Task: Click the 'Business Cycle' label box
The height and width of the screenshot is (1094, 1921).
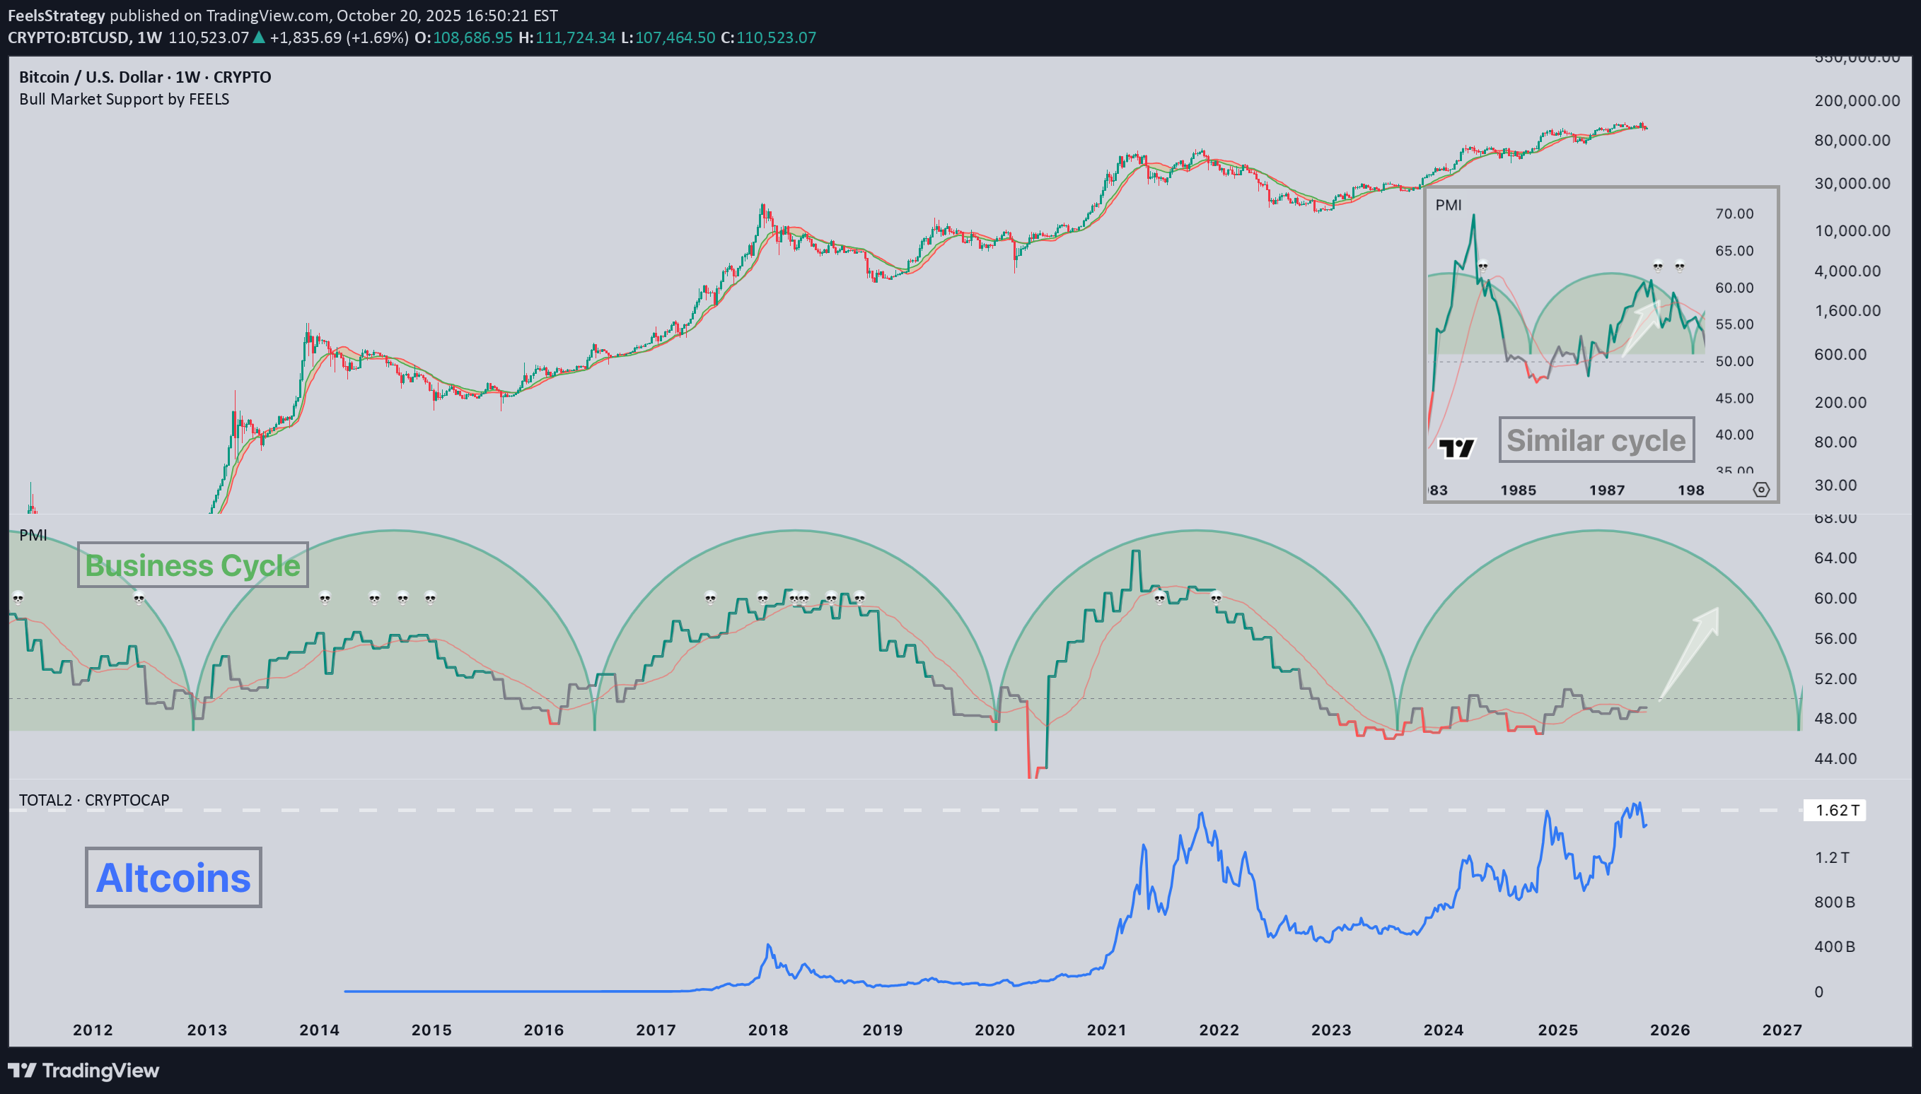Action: click(x=192, y=565)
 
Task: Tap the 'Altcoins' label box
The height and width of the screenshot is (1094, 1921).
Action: click(x=174, y=878)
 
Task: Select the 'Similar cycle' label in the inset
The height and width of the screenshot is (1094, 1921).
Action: click(x=1596, y=440)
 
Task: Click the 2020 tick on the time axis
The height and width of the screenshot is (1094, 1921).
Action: click(x=994, y=1030)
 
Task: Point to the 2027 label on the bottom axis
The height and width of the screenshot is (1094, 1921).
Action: click(x=1782, y=1030)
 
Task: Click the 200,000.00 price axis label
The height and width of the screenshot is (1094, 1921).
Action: click(x=1857, y=100)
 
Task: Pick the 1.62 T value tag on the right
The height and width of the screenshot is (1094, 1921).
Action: click(x=1835, y=810)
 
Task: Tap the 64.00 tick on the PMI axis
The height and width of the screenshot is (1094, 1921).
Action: click(x=1835, y=558)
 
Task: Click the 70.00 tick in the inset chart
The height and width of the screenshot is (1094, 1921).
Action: click(x=1734, y=214)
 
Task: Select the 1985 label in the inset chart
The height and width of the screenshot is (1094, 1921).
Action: click(x=1518, y=490)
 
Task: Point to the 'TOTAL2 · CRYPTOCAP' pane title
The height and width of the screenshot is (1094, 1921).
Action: click(x=94, y=800)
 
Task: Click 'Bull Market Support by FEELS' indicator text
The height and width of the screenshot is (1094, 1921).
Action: click(x=124, y=99)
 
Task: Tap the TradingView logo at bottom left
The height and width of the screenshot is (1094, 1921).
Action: click(x=83, y=1070)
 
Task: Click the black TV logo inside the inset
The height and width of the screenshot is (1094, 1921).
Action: click(x=1456, y=449)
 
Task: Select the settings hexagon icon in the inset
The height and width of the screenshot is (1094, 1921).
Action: click(x=1761, y=490)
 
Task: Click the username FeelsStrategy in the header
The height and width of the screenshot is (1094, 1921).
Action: click(x=56, y=16)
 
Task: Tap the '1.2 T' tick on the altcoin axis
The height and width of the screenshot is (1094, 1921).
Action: click(x=1832, y=857)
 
